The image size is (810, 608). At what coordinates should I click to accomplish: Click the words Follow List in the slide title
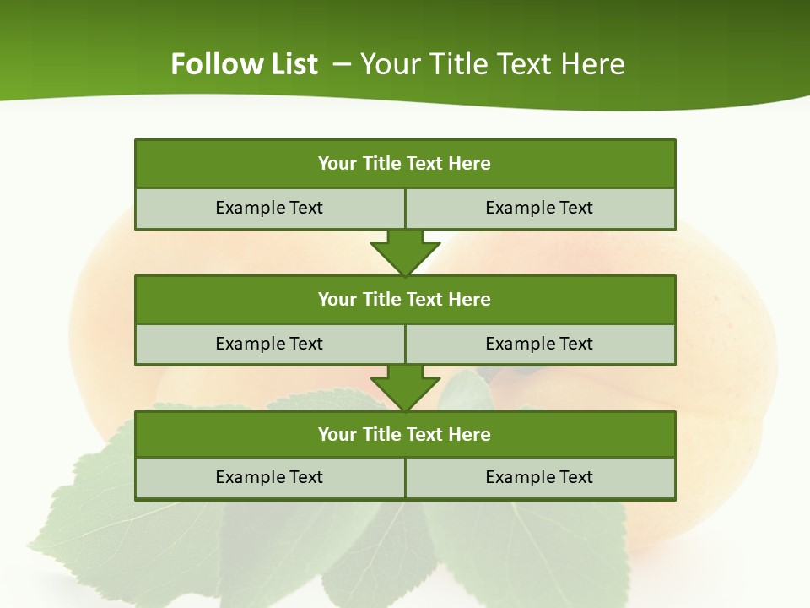click(244, 64)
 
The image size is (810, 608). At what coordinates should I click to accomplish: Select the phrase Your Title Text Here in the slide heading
click(493, 64)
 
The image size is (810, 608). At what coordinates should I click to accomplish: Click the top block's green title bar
click(405, 164)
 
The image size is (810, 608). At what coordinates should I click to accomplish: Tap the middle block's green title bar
click(405, 299)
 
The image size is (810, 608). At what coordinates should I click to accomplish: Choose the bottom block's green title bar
click(405, 434)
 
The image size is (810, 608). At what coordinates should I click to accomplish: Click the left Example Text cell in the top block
click(269, 208)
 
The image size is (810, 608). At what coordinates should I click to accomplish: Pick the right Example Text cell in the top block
click(539, 208)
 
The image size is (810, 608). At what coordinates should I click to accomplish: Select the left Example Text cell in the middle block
click(269, 344)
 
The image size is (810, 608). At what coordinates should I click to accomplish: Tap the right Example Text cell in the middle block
click(539, 344)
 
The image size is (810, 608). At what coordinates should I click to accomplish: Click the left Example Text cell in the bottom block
click(269, 477)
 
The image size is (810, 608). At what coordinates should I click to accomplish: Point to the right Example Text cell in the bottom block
click(539, 477)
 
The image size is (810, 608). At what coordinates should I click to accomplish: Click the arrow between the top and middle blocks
click(405, 252)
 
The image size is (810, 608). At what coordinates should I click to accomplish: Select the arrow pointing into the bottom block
click(405, 388)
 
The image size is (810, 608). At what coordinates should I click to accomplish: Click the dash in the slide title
click(343, 64)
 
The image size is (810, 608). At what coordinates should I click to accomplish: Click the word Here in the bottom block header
click(470, 434)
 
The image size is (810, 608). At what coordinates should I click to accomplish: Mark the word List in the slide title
click(295, 64)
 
